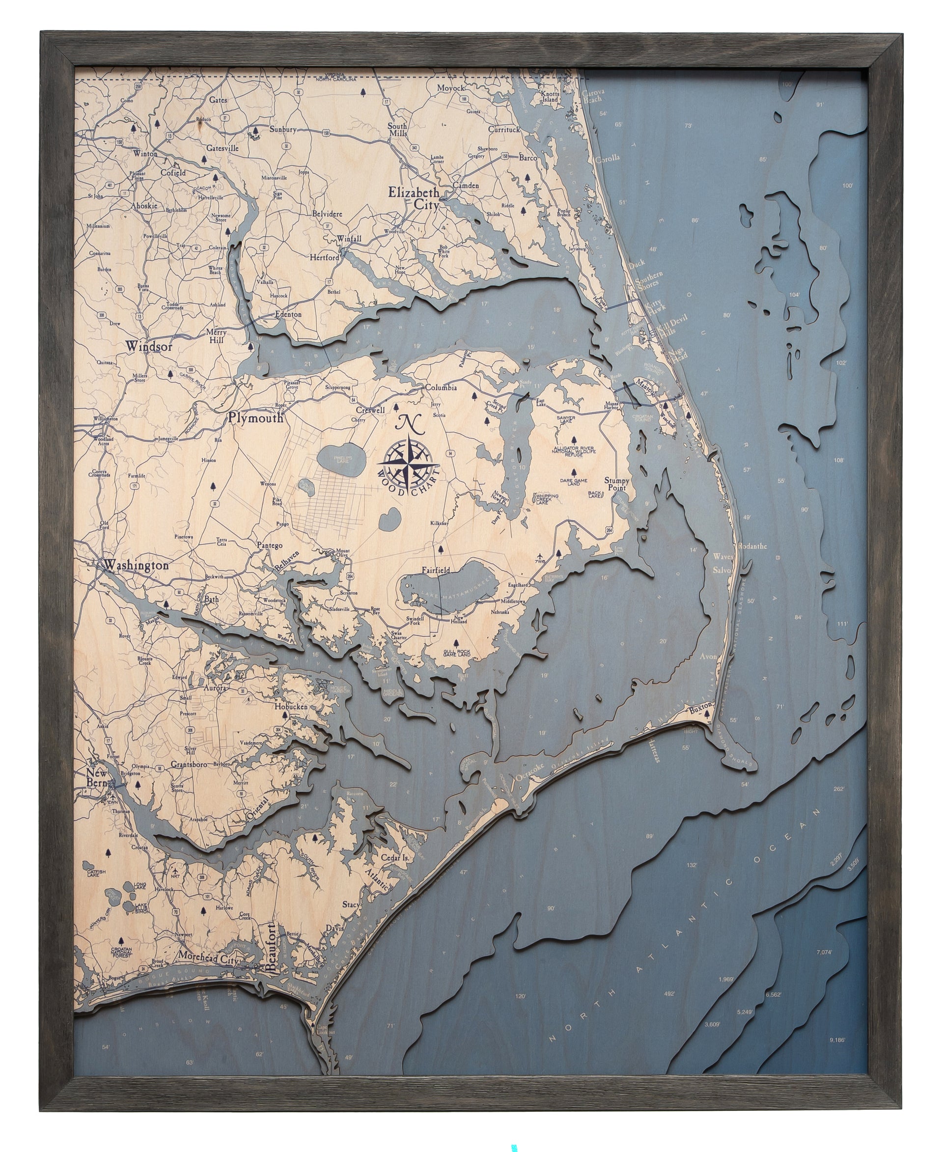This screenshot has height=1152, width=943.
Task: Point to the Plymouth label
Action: pyautogui.click(x=255, y=418)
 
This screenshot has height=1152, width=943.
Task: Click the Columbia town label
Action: pyautogui.click(x=441, y=388)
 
